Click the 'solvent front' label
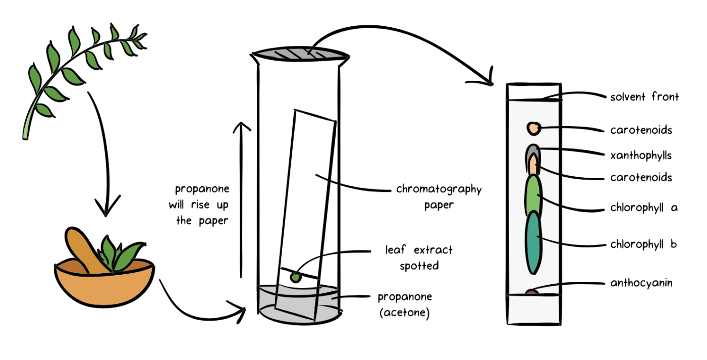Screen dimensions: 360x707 click(x=644, y=97)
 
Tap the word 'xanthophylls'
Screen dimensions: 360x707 click(x=641, y=155)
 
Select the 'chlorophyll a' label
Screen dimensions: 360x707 click(x=643, y=208)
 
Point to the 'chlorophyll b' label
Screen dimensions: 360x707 click(x=643, y=244)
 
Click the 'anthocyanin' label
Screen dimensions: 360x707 click(x=641, y=283)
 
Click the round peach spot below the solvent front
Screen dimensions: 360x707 click(x=533, y=129)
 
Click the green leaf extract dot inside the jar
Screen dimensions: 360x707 click(x=295, y=277)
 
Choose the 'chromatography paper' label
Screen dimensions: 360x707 click(x=439, y=197)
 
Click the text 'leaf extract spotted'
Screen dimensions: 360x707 click(x=419, y=258)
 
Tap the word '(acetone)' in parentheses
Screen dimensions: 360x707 click(x=404, y=313)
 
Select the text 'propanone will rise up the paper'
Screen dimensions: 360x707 click(x=202, y=205)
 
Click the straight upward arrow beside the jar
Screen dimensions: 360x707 click(x=241, y=202)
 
